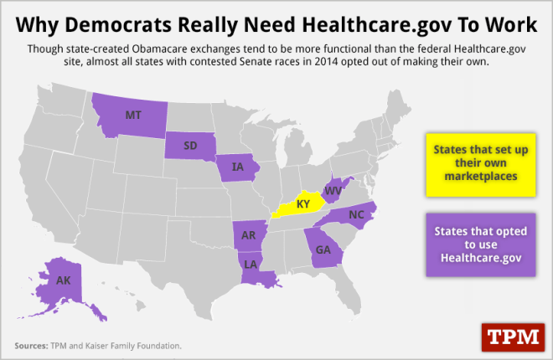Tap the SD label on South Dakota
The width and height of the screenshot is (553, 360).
click(189, 143)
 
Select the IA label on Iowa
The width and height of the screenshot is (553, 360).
click(237, 167)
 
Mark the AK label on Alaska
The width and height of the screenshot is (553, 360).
click(64, 280)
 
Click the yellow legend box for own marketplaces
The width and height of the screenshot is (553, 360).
click(475, 164)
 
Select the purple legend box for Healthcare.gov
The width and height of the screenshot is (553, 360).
click(475, 243)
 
